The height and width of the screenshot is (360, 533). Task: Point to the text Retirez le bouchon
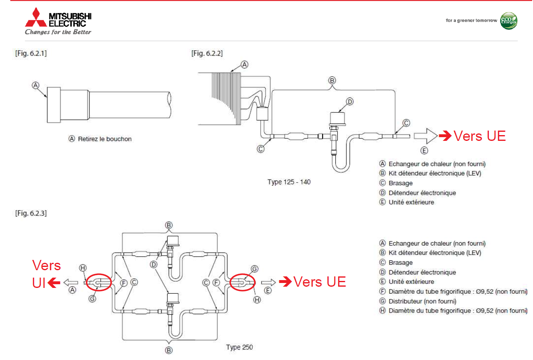tap(105, 139)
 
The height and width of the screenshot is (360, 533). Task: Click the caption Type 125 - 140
tap(289, 182)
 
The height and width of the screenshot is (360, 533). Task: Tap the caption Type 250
tap(239, 347)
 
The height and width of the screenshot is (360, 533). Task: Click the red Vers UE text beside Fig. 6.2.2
tap(479, 136)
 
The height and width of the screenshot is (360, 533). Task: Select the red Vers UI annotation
tap(46, 274)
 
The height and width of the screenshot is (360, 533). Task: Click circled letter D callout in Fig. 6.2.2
tap(350, 101)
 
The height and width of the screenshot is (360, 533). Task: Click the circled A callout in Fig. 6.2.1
tap(36, 85)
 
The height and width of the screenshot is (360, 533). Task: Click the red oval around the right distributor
tap(243, 282)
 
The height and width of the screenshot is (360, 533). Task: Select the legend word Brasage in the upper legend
tap(400, 183)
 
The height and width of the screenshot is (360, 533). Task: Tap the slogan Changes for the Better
tap(58, 32)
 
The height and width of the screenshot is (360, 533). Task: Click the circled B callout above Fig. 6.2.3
tap(168, 225)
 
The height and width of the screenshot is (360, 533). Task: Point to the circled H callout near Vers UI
tap(83, 268)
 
